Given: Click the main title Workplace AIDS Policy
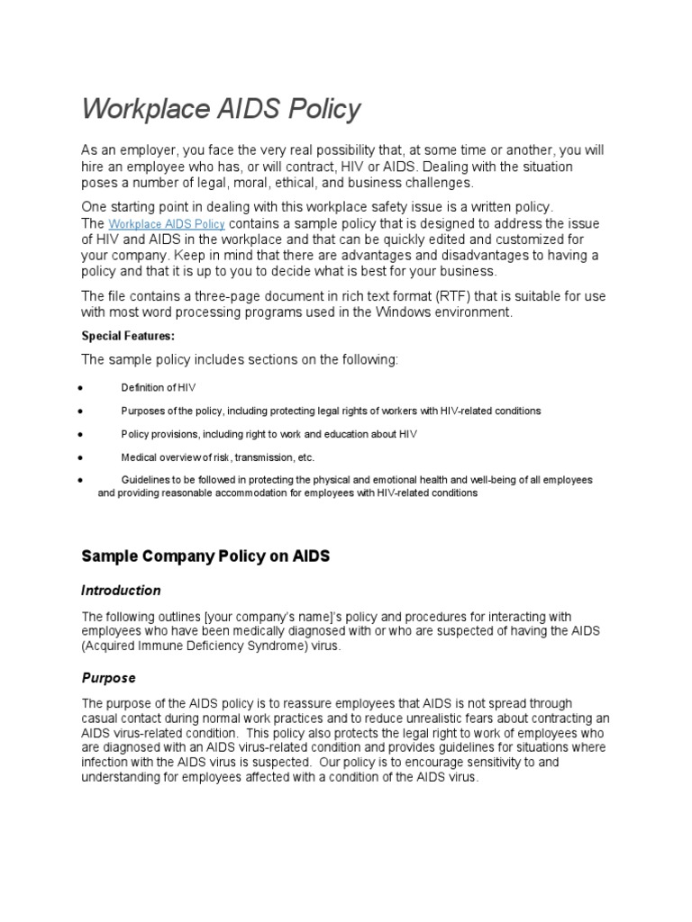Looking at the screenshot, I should coord(221,109).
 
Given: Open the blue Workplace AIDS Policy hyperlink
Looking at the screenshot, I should coord(167,224).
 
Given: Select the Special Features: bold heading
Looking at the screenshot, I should coord(128,335).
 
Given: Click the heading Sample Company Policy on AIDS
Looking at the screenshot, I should coord(205,556).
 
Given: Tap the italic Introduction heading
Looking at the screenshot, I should coord(121,591).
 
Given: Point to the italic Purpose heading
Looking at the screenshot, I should coord(108,677).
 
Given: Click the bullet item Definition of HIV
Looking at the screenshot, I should coord(159,387).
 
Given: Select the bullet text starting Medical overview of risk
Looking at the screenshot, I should coord(217,456).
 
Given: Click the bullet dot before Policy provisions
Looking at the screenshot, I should coord(81,434).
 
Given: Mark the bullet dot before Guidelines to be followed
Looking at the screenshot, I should coord(81,480).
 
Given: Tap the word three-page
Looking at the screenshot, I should coord(249,296).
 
